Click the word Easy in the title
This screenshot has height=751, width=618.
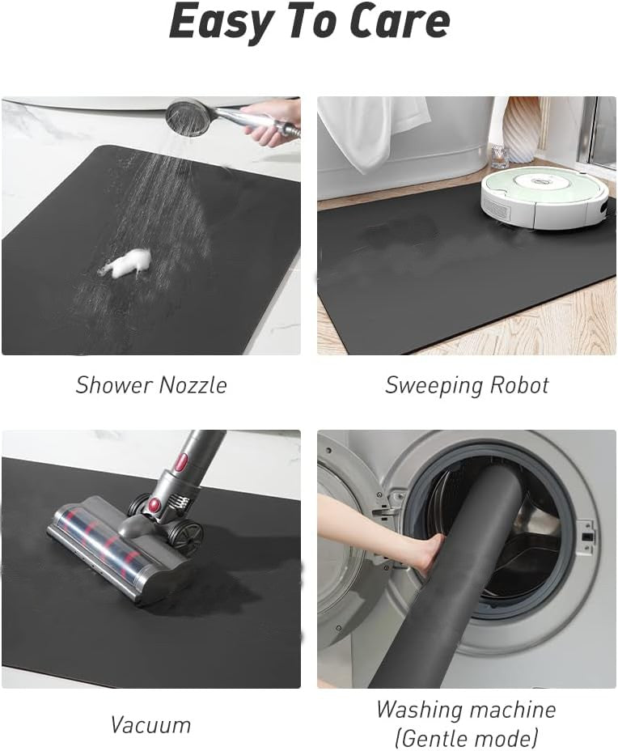pyautogui.click(x=218, y=23)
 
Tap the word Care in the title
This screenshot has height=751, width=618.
pyautogui.click(x=400, y=21)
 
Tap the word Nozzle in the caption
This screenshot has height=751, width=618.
pyautogui.click(x=192, y=385)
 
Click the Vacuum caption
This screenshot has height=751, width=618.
pyautogui.click(x=150, y=724)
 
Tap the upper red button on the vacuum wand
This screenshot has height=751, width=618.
pyautogui.click(x=182, y=463)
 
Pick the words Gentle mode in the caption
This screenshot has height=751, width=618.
pyautogui.click(x=466, y=737)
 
